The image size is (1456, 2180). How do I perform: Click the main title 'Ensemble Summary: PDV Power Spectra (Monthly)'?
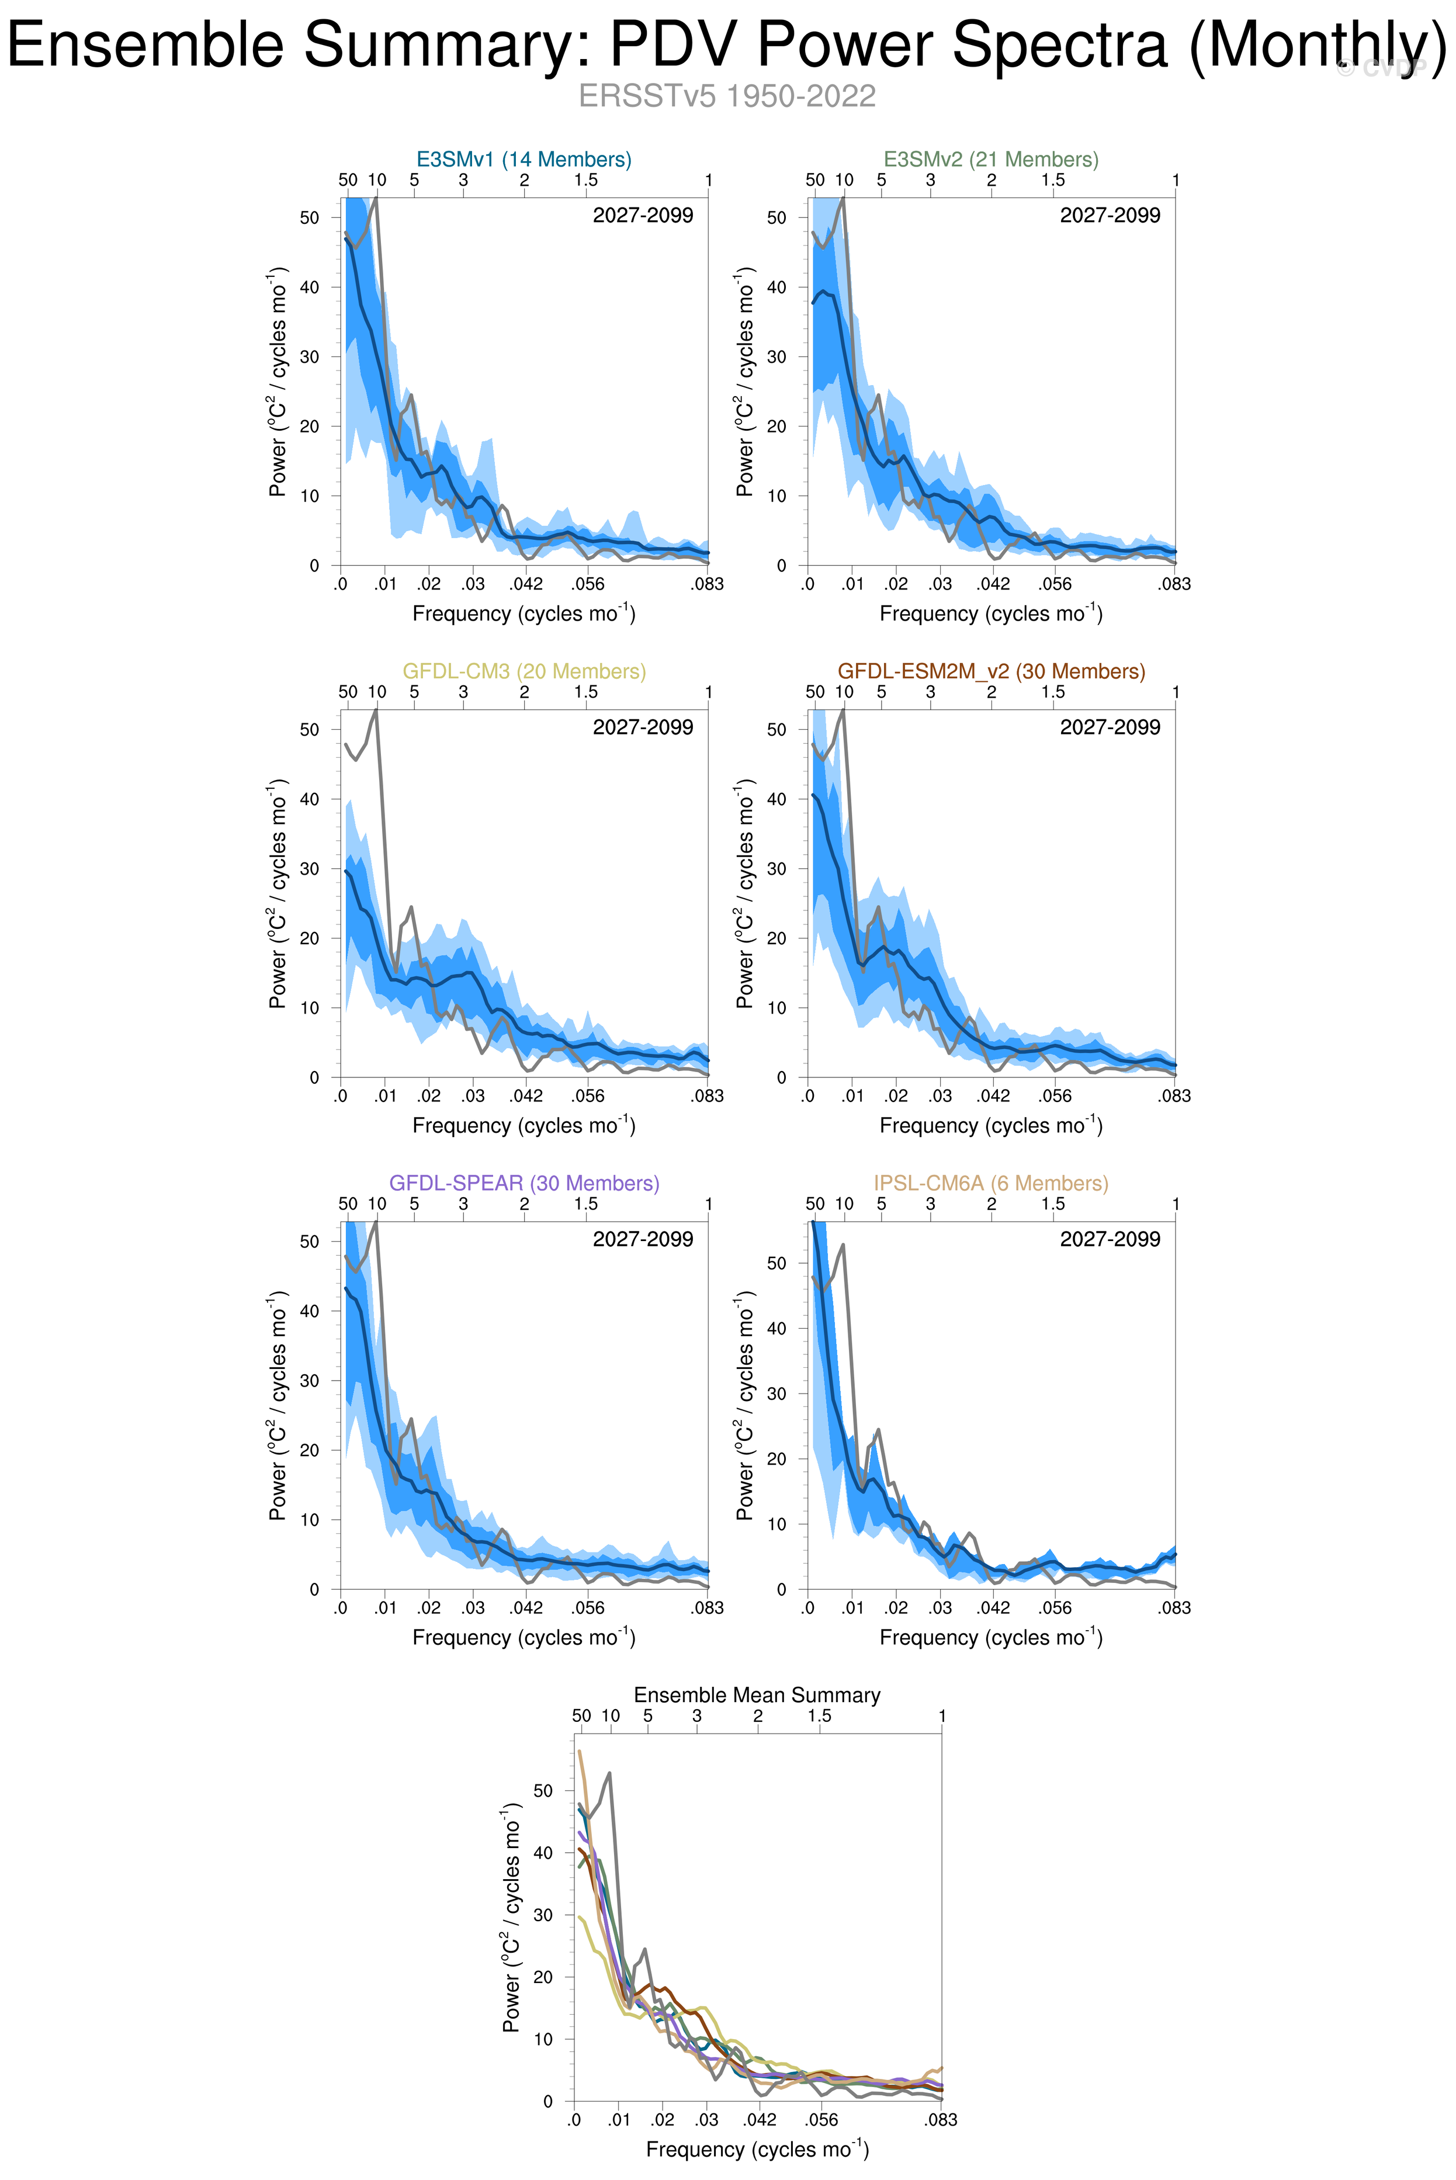[x=727, y=44]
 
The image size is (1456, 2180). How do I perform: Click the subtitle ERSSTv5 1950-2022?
[x=727, y=96]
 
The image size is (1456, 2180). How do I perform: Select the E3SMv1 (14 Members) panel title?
[x=524, y=159]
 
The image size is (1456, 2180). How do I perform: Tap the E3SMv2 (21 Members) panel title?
[x=991, y=159]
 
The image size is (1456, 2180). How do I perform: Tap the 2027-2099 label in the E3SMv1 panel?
[x=643, y=216]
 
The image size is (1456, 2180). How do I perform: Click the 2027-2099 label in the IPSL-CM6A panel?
[x=1110, y=1239]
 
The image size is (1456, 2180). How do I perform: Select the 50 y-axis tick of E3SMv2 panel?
[x=776, y=217]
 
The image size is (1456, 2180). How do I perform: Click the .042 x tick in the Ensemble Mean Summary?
[x=760, y=2120]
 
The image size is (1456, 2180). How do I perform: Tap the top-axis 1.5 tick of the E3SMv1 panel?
[x=586, y=180]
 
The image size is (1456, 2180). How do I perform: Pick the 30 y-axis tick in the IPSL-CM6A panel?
[x=776, y=1393]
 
